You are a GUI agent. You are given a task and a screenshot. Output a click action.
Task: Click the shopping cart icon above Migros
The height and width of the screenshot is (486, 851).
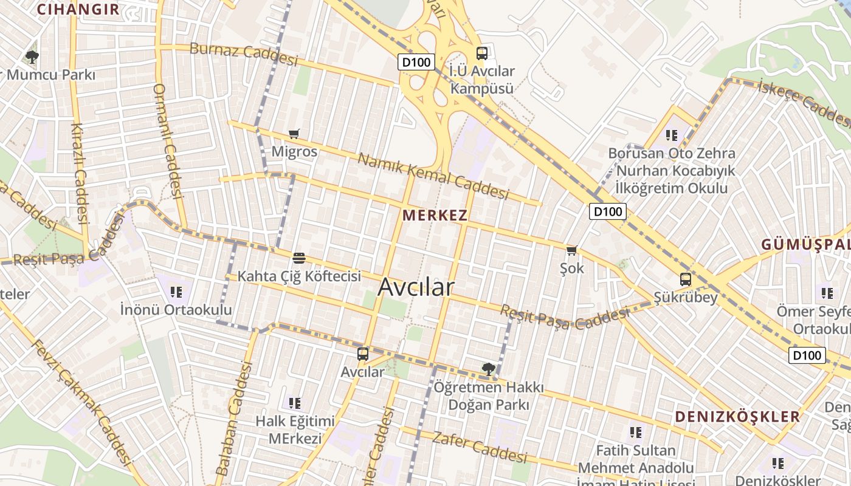click(x=294, y=134)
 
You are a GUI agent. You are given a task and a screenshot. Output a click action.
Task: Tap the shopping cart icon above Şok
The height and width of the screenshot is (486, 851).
click(x=571, y=250)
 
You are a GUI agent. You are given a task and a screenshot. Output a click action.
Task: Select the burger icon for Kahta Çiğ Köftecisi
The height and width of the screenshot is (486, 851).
click(x=298, y=258)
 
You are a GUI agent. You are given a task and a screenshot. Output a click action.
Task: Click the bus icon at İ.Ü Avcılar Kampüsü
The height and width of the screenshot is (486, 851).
click(x=482, y=53)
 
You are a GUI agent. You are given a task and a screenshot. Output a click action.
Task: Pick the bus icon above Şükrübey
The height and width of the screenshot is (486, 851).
click(x=686, y=279)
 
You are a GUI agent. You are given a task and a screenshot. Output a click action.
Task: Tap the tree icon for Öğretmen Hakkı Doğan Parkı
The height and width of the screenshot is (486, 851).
click(x=488, y=369)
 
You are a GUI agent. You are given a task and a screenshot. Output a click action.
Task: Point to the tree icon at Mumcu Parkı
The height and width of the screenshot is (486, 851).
click(x=32, y=58)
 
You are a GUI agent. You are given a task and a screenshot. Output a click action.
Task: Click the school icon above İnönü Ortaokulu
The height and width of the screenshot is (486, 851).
click(x=176, y=292)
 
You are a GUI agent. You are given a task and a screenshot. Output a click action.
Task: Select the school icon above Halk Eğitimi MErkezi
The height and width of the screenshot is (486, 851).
click(x=295, y=403)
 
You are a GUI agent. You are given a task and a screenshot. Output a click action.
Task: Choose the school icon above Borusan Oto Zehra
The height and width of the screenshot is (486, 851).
click(x=671, y=135)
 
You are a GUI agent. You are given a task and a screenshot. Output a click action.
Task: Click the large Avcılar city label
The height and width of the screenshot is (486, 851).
click(x=416, y=287)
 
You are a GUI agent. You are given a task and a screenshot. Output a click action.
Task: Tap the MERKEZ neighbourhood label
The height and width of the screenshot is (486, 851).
click(x=435, y=215)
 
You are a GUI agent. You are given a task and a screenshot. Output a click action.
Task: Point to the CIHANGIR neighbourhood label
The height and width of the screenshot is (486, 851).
click(x=78, y=9)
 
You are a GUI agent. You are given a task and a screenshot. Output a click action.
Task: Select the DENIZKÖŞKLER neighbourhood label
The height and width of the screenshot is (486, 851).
click(x=738, y=417)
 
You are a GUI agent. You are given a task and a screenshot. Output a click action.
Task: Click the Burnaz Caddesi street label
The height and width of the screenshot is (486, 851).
click(x=244, y=54)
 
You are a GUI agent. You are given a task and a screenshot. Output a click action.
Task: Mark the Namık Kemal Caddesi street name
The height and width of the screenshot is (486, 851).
click(x=433, y=176)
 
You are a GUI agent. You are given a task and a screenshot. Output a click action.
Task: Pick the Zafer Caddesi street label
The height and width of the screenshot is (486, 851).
click(x=480, y=447)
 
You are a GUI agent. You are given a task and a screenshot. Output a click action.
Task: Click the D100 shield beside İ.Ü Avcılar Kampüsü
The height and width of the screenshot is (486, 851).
click(x=416, y=62)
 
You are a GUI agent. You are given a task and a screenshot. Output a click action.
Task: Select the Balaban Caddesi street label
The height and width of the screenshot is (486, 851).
click(x=235, y=419)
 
